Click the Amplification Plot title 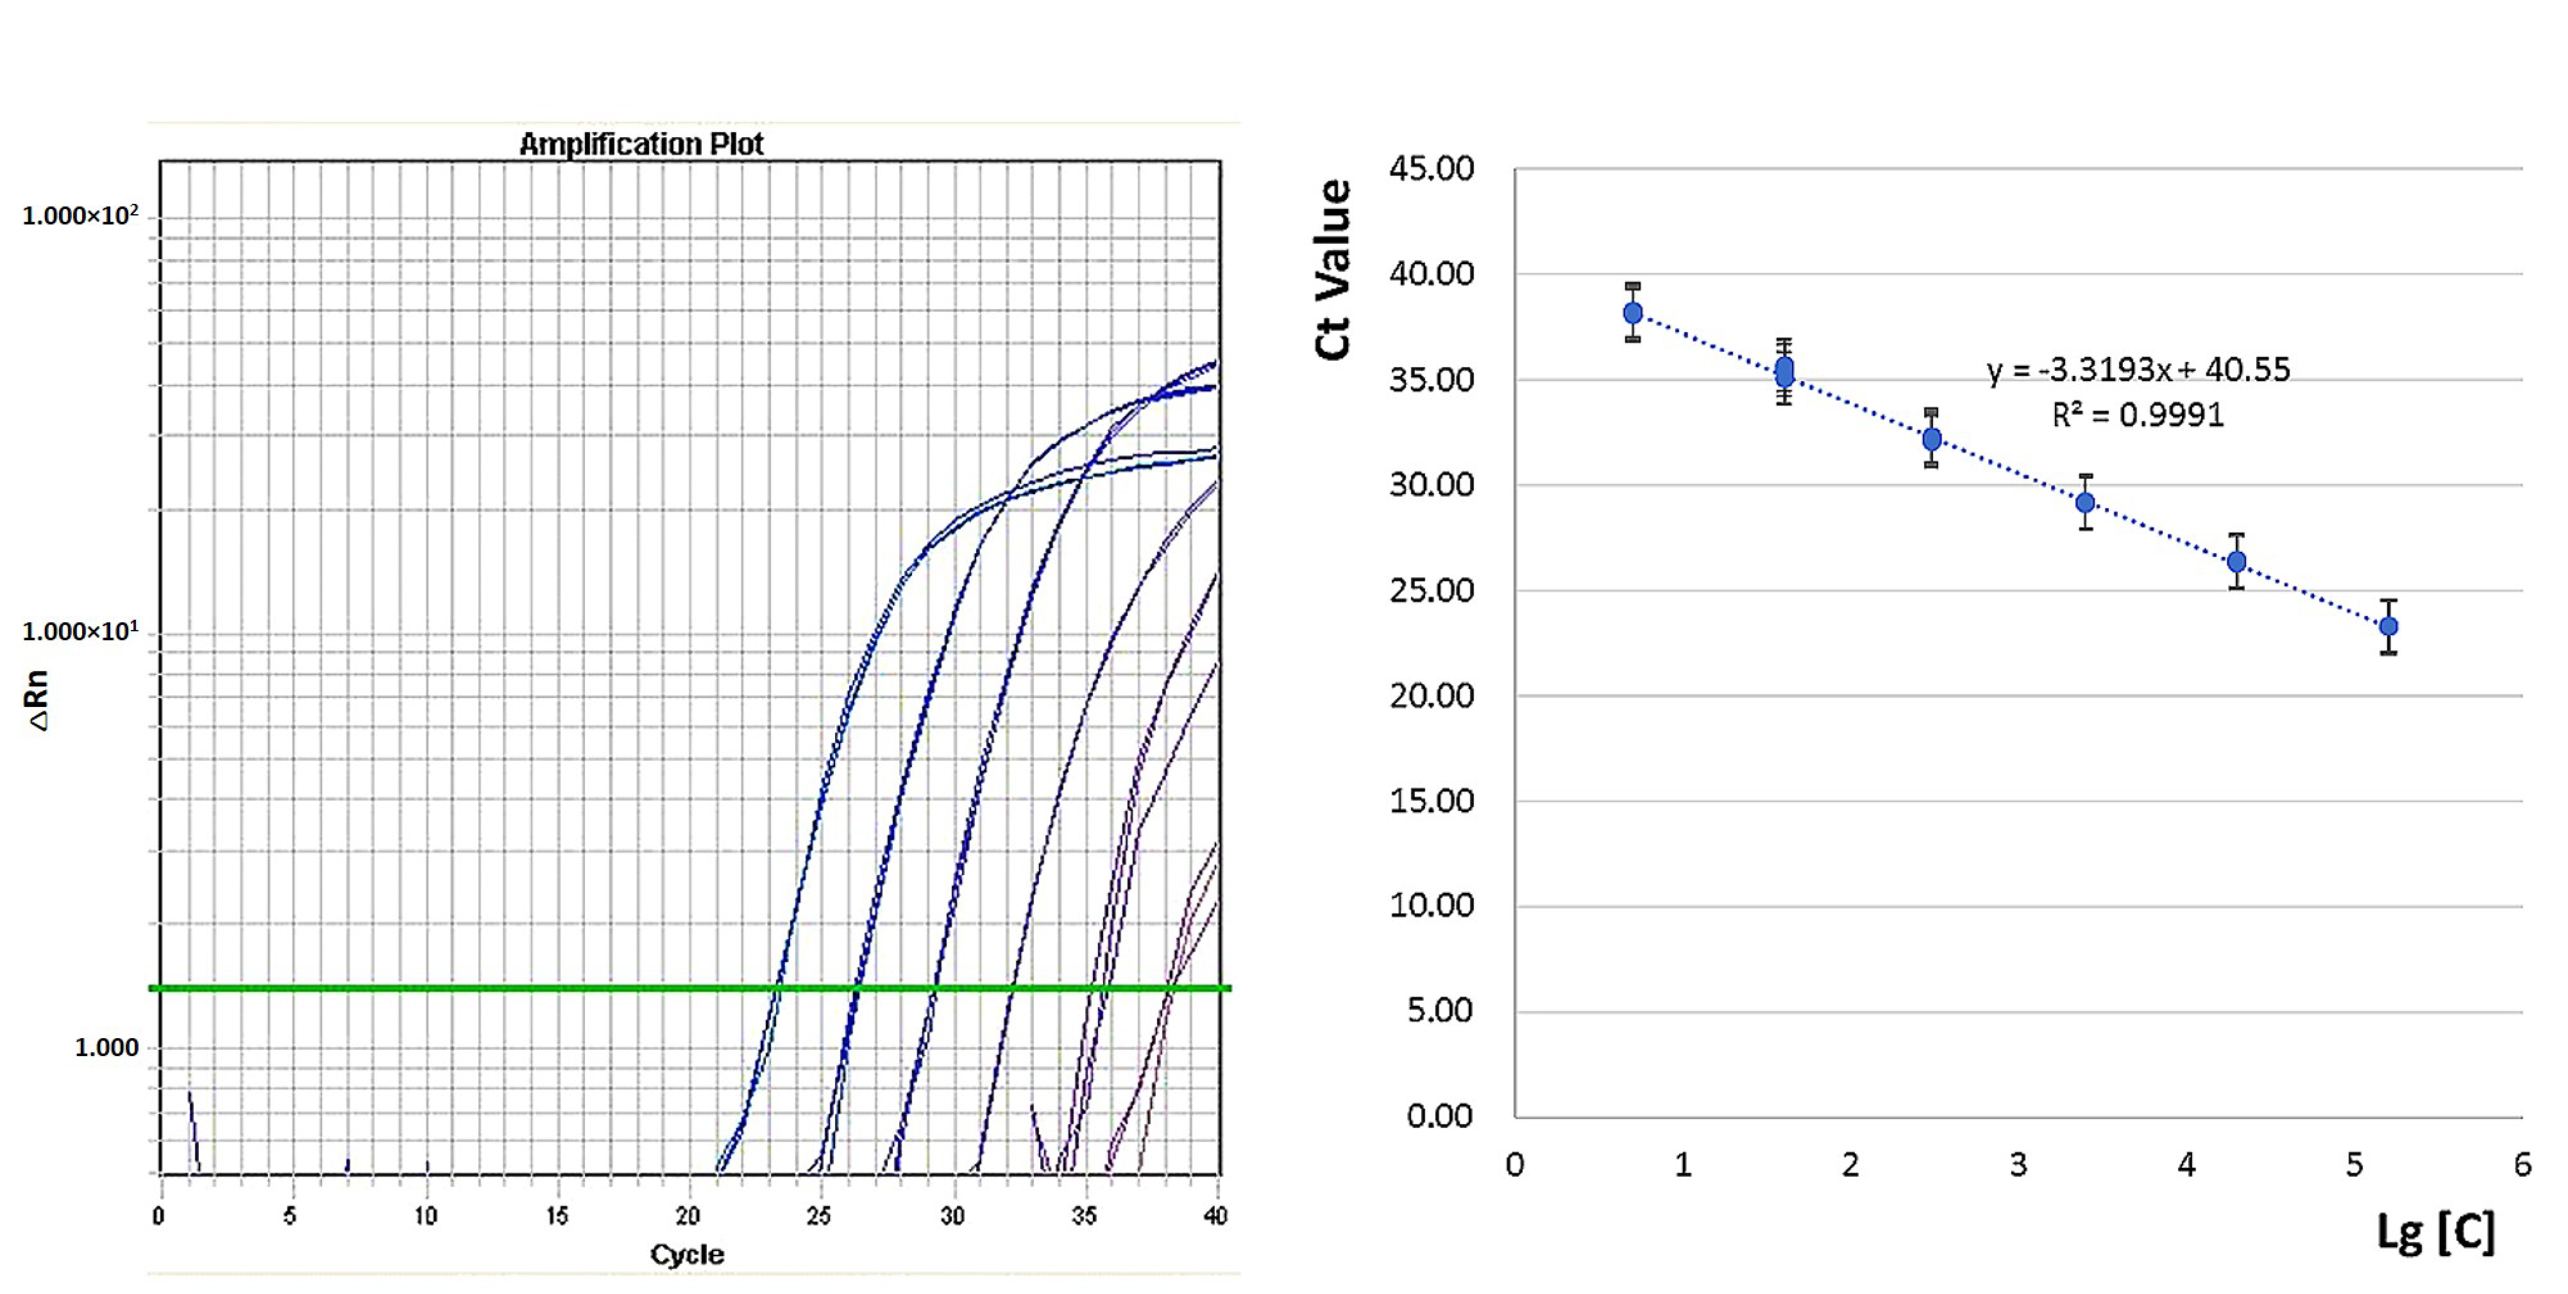641,145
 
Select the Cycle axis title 687,1254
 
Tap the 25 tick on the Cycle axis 818,1215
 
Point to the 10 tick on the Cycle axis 426,1215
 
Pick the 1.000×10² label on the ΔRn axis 80,215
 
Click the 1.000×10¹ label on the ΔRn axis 80,631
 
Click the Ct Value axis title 1333,269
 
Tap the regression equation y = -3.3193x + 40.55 2138,370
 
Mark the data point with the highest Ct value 1633,313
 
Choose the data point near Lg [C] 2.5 1932,439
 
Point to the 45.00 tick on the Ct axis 1432,168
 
